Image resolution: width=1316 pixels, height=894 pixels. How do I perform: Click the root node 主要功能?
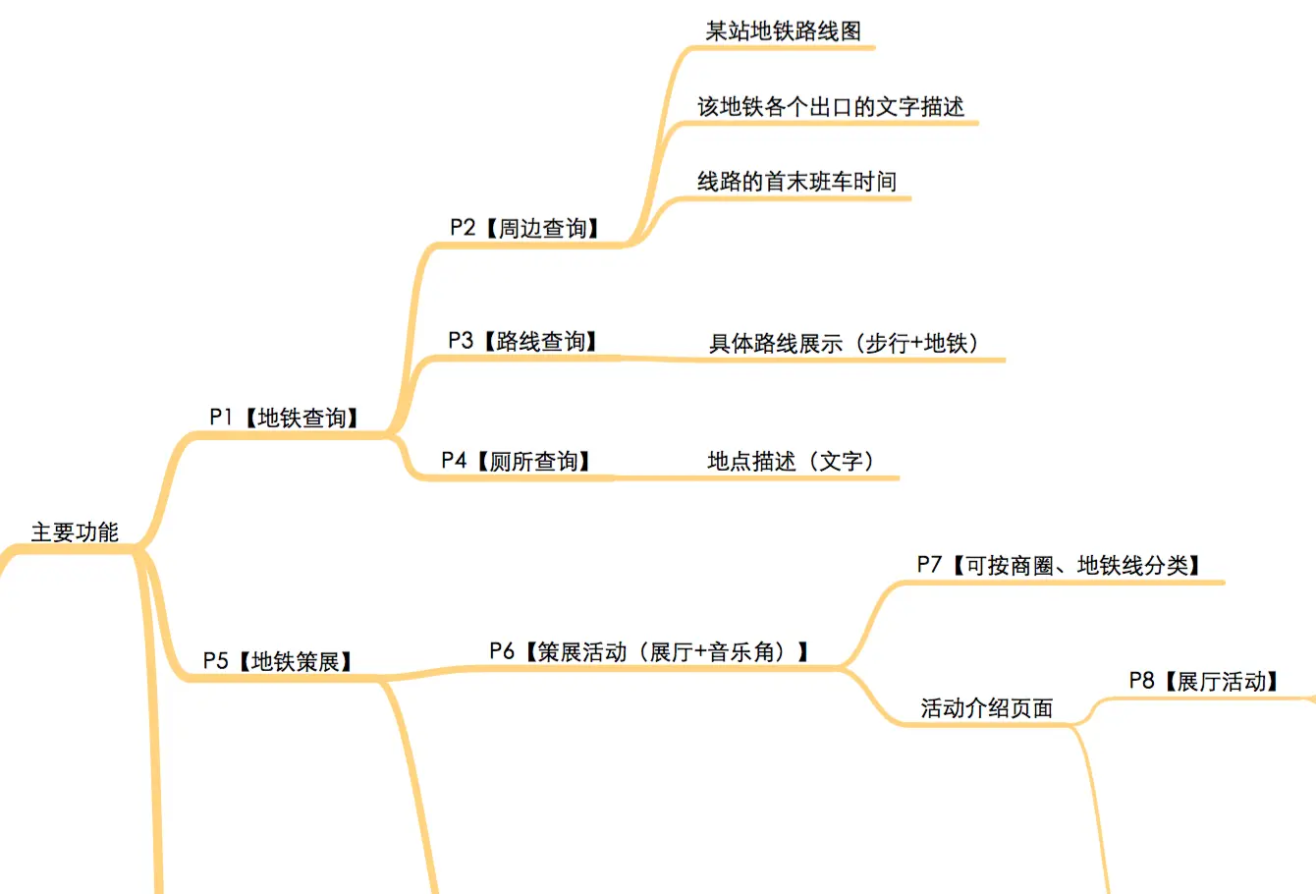click(75, 532)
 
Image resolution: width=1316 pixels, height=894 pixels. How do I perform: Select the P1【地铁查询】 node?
click(285, 418)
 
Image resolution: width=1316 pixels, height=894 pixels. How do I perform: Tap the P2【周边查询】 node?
click(525, 228)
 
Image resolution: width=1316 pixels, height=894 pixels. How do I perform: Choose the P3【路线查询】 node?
click(523, 341)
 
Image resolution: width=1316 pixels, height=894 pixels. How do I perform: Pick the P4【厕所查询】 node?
click(517, 461)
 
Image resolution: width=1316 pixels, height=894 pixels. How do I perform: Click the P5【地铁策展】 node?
click(279, 661)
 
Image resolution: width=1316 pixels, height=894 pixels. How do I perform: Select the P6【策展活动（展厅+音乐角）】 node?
click(650, 651)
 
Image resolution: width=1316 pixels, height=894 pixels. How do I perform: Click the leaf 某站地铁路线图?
click(783, 30)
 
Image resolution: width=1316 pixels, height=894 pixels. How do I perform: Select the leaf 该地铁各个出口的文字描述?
click(831, 107)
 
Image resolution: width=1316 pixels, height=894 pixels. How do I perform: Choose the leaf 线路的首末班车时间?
click(796, 182)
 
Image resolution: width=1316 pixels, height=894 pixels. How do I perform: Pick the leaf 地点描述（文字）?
click(792, 461)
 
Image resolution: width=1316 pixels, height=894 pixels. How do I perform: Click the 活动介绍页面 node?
click(986, 707)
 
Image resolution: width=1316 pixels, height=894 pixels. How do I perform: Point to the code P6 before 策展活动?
click(502, 651)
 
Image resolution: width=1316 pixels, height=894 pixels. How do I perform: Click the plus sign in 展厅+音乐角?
click(701, 652)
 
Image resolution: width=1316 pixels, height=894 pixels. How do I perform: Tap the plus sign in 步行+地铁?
click(914, 344)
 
